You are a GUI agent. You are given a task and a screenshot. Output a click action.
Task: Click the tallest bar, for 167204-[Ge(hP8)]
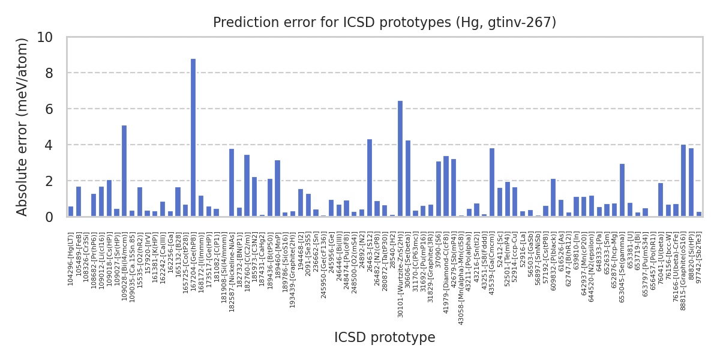tap(193, 138)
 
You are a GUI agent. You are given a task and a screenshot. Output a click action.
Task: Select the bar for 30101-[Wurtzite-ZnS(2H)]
tap(400, 159)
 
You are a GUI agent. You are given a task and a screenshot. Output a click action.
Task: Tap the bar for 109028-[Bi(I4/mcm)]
tap(124, 171)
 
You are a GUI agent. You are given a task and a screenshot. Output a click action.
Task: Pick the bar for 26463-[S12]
tap(370, 178)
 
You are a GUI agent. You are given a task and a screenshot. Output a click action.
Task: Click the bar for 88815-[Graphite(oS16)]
tap(683, 181)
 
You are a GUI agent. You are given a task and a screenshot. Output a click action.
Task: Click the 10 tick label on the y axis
tap(45, 37)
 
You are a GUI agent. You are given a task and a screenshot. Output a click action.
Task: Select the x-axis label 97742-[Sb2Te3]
tap(699, 258)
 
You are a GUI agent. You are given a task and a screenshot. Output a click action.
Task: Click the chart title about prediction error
tap(385, 23)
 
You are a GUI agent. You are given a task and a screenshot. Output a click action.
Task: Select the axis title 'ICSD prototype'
tap(385, 338)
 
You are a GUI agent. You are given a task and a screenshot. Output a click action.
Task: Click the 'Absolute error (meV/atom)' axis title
tap(23, 127)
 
